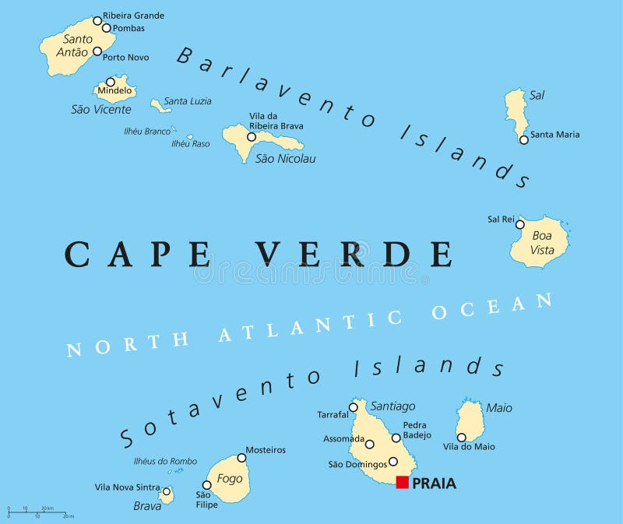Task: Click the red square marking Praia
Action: click(x=402, y=482)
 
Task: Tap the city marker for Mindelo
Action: click(x=111, y=82)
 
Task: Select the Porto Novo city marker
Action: click(x=97, y=52)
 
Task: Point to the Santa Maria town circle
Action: click(x=524, y=140)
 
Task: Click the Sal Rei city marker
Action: click(x=519, y=224)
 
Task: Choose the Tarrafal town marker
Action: click(x=354, y=407)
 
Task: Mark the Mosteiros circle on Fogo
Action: click(x=242, y=458)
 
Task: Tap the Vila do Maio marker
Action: click(x=461, y=438)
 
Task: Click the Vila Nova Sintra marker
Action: click(x=166, y=491)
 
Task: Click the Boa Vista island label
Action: click(x=542, y=242)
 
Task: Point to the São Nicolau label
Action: click(x=286, y=159)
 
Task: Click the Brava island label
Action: click(x=147, y=506)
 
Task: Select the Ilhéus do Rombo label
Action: click(x=165, y=461)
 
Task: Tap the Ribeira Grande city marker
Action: click(x=97, y=21)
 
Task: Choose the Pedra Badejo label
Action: click(x=414, y=431)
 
